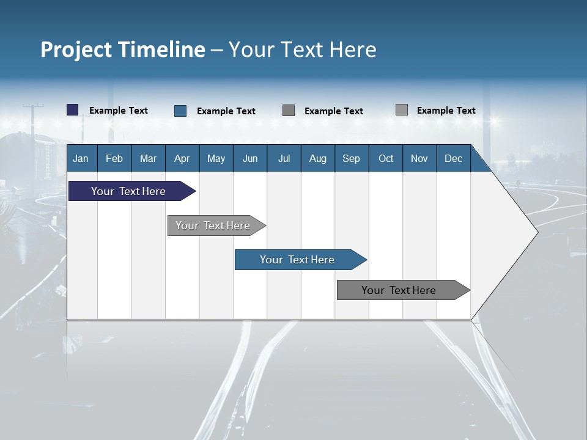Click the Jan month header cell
(81, 158)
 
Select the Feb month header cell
(114, 158)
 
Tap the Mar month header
(148, 158)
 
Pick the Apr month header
(182, 158)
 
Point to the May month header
(216, 158)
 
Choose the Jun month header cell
(250, 158)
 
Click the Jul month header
(284, 158)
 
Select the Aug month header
(318, 158)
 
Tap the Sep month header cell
(352, 158)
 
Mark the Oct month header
(386, 158)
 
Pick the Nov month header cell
(419, 158)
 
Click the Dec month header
(454, 158)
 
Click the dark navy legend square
(73, 110)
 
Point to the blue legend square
(180, 111)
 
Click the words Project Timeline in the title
(123, 50)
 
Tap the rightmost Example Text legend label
(446, 111)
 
